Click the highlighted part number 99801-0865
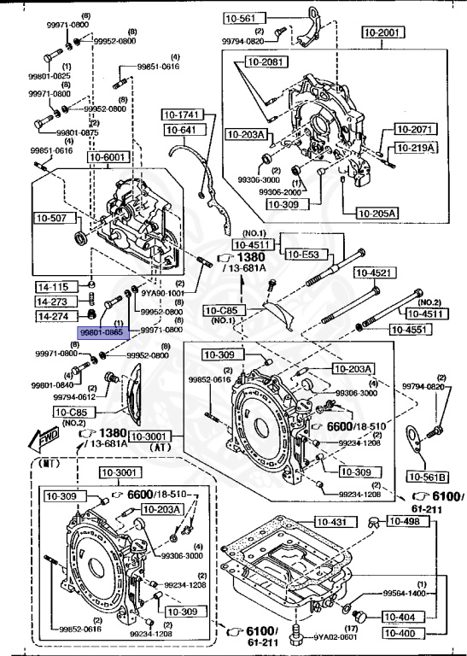[102, 331]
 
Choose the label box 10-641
[181, 130]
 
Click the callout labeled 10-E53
[305, 254]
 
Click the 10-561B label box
[429, 476]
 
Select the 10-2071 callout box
[415, 130]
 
